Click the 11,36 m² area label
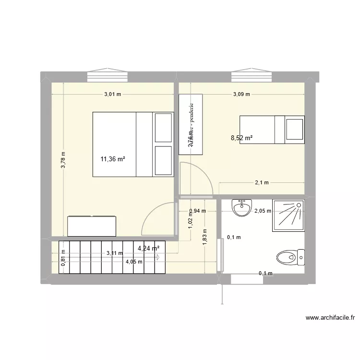coord(113,159)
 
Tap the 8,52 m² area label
coord(241,138)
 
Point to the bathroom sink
coord(241,207)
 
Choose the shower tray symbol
coord(288,215)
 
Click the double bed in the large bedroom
coord(133,144)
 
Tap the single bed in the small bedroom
coord(272,130)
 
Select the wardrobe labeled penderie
coord(191,124)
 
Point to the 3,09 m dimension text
coord(241,95)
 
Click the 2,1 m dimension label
coord(262,183)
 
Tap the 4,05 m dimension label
coord(134,262)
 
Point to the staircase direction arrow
coord(157,257)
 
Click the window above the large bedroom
coord(108,77)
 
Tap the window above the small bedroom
coord(252,77)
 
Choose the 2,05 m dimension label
coord(263,211)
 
